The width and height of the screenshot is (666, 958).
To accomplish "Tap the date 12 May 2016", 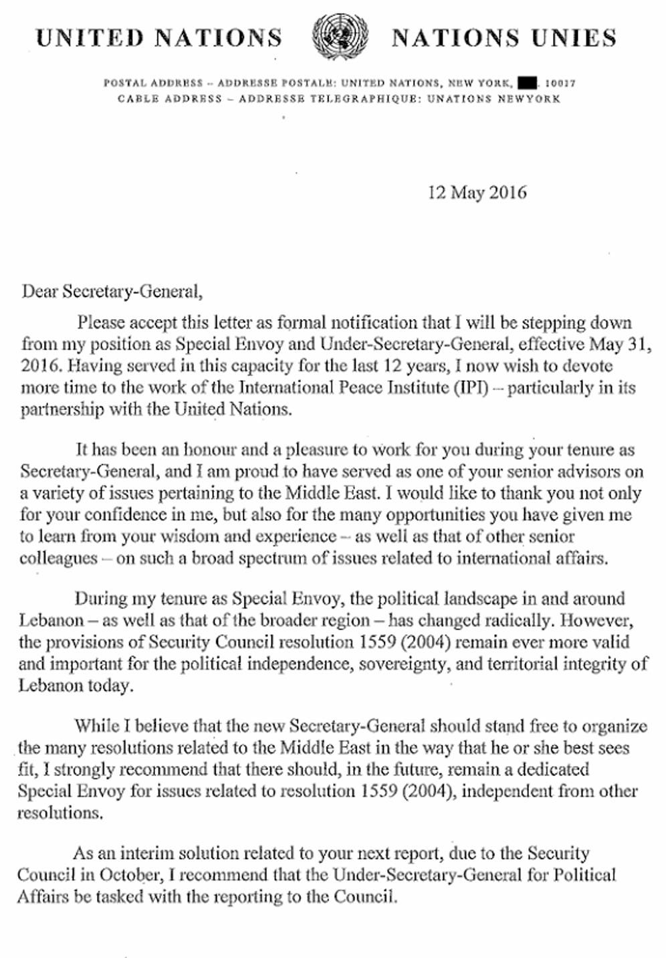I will tap(477, 193).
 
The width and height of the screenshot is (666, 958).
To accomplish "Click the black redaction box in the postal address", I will tap(528, 84).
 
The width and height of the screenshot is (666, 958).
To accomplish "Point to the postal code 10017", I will tap(560, 84).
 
